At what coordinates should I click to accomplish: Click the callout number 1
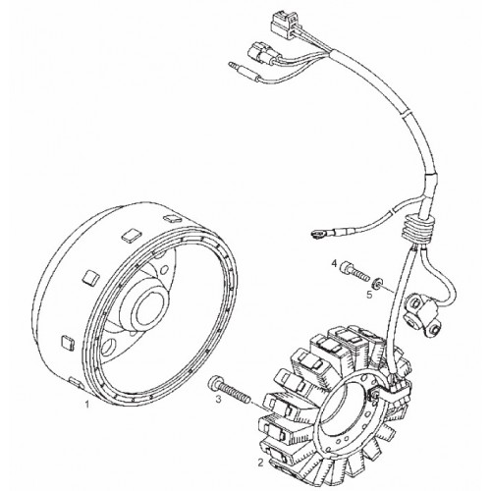87,405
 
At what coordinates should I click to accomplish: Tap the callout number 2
260,463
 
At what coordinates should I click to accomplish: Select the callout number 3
219,399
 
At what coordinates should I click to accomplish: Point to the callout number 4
334,263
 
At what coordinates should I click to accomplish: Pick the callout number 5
369,295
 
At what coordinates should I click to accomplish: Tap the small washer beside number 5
379,282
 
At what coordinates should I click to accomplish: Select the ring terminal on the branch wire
317,235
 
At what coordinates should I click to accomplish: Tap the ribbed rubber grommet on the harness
418,229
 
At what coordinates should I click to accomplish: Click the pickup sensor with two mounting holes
421,313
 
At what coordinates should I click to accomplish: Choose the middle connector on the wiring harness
261,55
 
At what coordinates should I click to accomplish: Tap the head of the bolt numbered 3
212,384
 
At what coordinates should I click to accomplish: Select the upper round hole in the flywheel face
163,269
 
